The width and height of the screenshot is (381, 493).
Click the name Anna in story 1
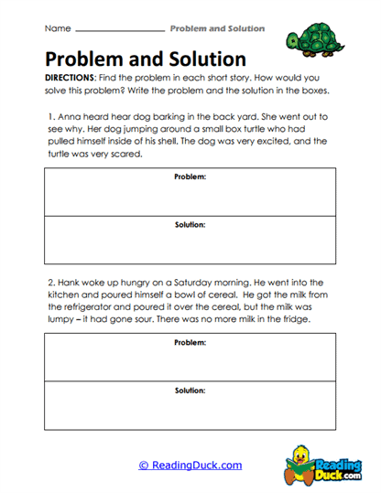71,118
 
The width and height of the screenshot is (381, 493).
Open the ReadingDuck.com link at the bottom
190,466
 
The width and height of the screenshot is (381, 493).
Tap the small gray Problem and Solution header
217,29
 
